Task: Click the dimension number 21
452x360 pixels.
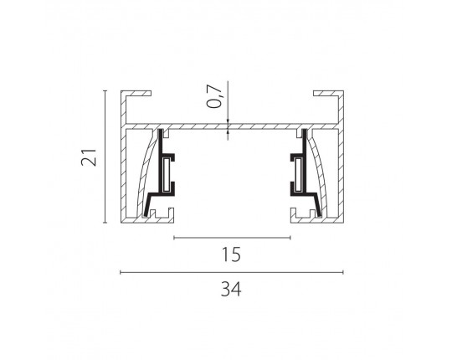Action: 89,157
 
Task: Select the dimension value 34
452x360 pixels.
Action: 231,289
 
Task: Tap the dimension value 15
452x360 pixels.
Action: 231,255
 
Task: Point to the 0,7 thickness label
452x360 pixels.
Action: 215,96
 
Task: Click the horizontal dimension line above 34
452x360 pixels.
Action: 232,272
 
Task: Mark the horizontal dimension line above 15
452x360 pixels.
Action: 232,238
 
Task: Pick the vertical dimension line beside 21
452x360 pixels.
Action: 105,157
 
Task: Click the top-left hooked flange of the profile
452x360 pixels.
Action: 136,94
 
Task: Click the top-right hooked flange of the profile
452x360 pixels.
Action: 328,94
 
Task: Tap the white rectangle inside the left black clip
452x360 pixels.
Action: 166,175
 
